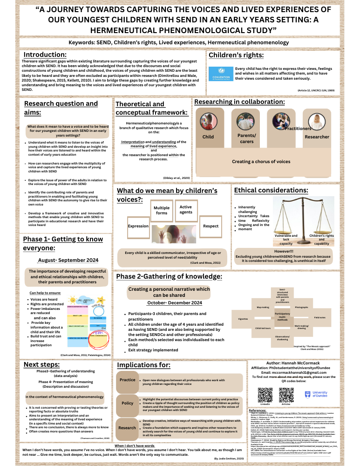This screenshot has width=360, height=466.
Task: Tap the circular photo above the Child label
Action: (x=208, y=121)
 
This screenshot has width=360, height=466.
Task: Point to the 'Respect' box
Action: (x=211, y=226)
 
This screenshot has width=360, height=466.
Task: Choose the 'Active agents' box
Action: (x=185, y=210)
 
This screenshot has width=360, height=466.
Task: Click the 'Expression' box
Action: (x=138, y=226)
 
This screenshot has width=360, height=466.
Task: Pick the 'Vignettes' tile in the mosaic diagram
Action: (x=243, y=318)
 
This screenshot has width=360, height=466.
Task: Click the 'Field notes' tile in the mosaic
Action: (x=319, y=317)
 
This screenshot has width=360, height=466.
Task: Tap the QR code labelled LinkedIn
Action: (x=265, y=395)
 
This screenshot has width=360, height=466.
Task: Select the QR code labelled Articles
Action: (x=286, y=395)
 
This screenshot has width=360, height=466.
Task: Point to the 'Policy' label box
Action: (x=127, y=403)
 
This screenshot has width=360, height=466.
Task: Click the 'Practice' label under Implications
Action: (x=127, y=380)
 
